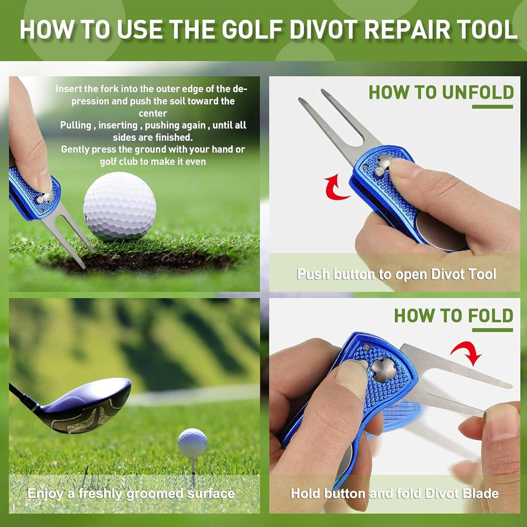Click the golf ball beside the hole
click(x=120, y=206)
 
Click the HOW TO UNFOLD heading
click(x=441, y=92)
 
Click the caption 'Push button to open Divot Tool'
click(x=396, y=274)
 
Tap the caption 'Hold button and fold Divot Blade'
click(x=394, y=493)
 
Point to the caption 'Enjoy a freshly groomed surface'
click(x=131, y=493)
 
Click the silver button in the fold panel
click(x=383, y=369)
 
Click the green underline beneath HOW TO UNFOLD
click(x=492, y=106)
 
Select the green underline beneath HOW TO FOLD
click(x=492, y=330)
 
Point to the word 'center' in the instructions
click(x=153, y=113)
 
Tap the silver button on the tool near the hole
click(x=44, y=198)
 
